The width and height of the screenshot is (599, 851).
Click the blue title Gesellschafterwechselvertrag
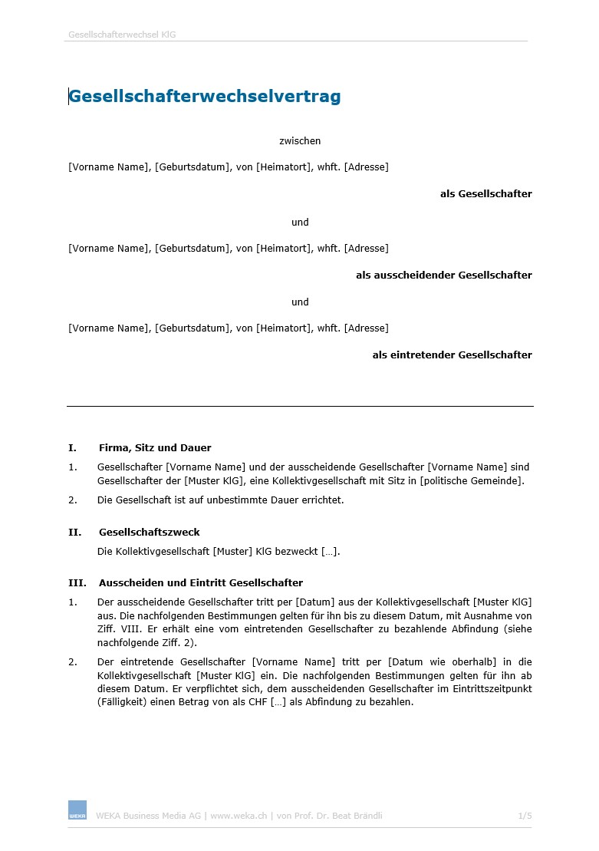click(205, 97)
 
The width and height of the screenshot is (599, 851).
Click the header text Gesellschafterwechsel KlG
click(122, 35)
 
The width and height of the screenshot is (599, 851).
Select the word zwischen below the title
click(300, 141)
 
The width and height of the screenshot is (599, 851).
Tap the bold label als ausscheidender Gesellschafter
click(443, 275)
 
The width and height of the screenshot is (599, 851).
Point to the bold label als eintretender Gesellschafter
click(452, 355)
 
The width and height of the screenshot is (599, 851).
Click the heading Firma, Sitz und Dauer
click(155, 448)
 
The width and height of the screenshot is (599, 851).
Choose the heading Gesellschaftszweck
click(149, 533)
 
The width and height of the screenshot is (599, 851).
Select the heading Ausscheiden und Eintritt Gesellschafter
click(200, 583)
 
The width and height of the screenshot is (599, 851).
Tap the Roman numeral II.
click(74, 533)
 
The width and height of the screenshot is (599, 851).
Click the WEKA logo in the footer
click(77, 810)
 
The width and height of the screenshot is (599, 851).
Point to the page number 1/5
click(525, 816)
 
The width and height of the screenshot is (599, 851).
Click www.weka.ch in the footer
click(238, 816)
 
